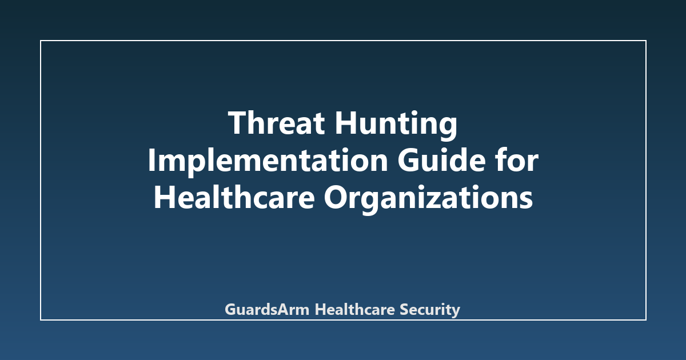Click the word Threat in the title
(x=276, y=123)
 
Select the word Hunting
(x=396, y=126)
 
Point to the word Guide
(x=441, y=160)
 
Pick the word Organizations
(x=428, y=199)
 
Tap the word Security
(x=430, y=310)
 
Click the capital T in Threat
(x=238, y=123)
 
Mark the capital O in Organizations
(x=336, y=197)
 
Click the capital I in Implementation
(x=151, y=160)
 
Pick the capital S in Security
(x=405, y=310)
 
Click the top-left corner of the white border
(x=41, y=41)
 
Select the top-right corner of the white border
(x=646, y=41)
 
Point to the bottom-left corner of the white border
(x=41, y=320)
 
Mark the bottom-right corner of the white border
(x=646, y=320)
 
